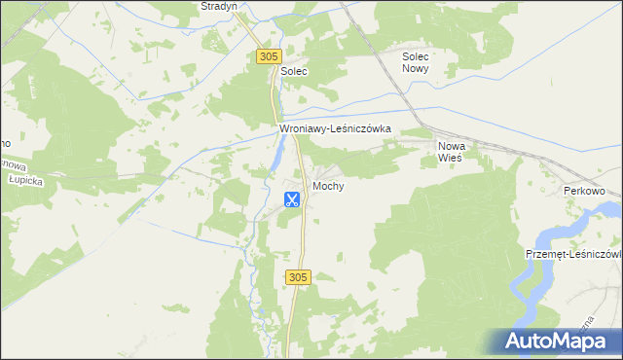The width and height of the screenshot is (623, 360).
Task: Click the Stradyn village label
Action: pos(218,6)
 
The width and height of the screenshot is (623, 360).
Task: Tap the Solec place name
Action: pos(294,72)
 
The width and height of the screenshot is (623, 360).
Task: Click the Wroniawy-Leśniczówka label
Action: pos(335,127)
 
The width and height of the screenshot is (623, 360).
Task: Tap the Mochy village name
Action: pos(328,186)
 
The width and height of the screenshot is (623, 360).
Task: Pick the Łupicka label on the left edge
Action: pos(18,181)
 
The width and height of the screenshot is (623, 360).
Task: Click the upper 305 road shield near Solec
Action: pos(270,57)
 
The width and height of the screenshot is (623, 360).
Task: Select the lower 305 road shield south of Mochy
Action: pos(299,278)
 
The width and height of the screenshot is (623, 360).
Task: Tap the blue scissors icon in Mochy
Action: pos(291,200)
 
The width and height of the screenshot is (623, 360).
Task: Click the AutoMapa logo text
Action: pos(568,341)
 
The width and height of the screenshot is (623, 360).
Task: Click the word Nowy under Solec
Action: pos(422,70)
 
